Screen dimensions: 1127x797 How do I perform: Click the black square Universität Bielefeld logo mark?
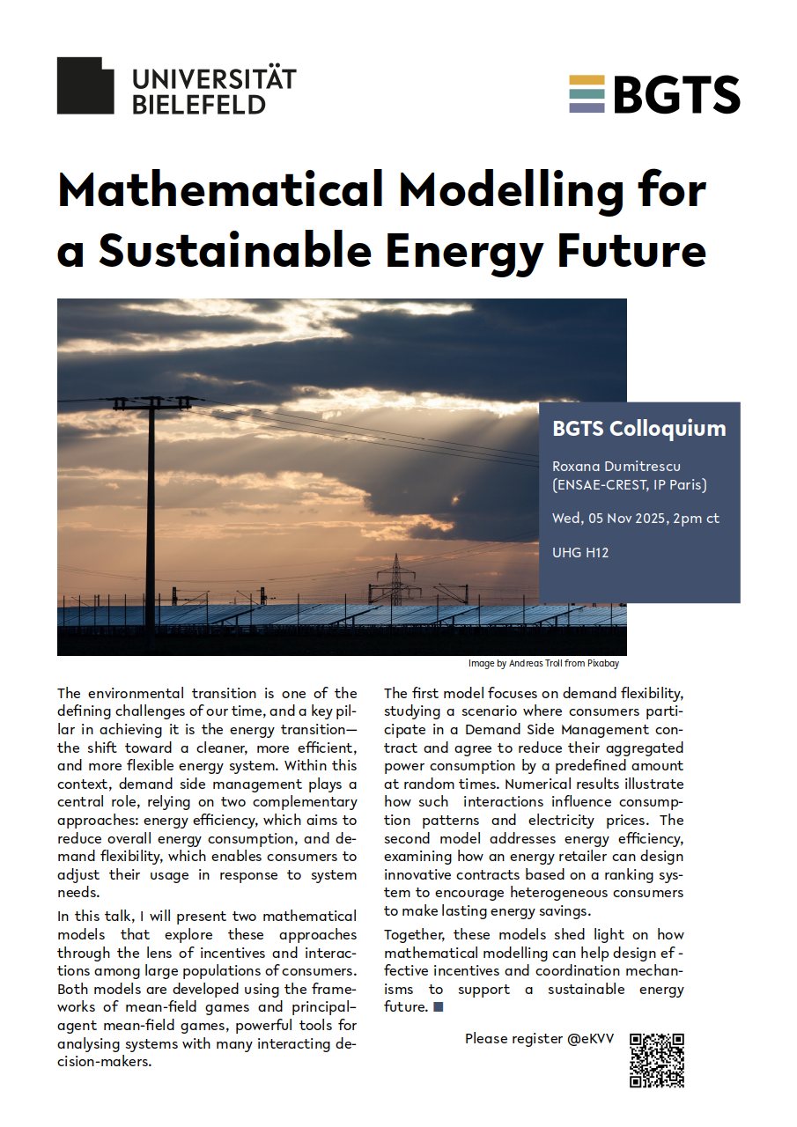[85, 85]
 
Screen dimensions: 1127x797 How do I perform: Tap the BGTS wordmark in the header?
[675, 94]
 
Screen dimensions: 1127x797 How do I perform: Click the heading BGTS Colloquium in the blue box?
[639, 429]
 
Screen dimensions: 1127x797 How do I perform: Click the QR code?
[657, 1060]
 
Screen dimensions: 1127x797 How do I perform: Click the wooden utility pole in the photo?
[151, 519]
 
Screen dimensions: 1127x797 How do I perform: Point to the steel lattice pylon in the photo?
[396, 580]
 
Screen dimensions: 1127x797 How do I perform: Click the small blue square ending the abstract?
[439, 1006]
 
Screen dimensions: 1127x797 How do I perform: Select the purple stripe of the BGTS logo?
[587, 108]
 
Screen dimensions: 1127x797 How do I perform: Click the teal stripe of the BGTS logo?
[587, 94]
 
